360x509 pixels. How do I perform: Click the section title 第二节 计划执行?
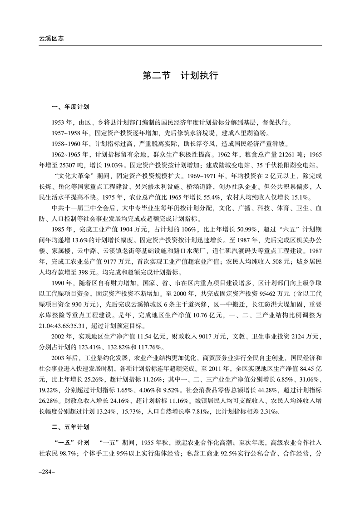tap(180, 75)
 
